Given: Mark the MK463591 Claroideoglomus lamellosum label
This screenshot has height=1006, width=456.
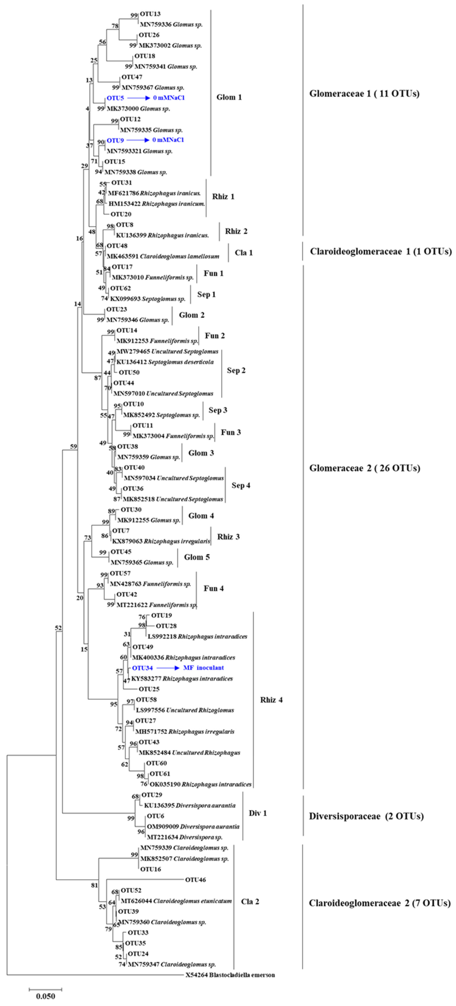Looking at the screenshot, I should pyautogui.click(x=163, y=257).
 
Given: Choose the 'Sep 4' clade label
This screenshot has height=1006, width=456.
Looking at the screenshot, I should pyautogui.click(x=241, y=485).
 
